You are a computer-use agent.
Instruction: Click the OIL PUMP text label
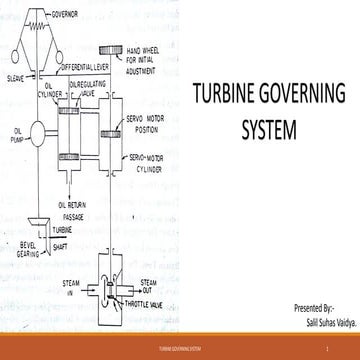[15, 130]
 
